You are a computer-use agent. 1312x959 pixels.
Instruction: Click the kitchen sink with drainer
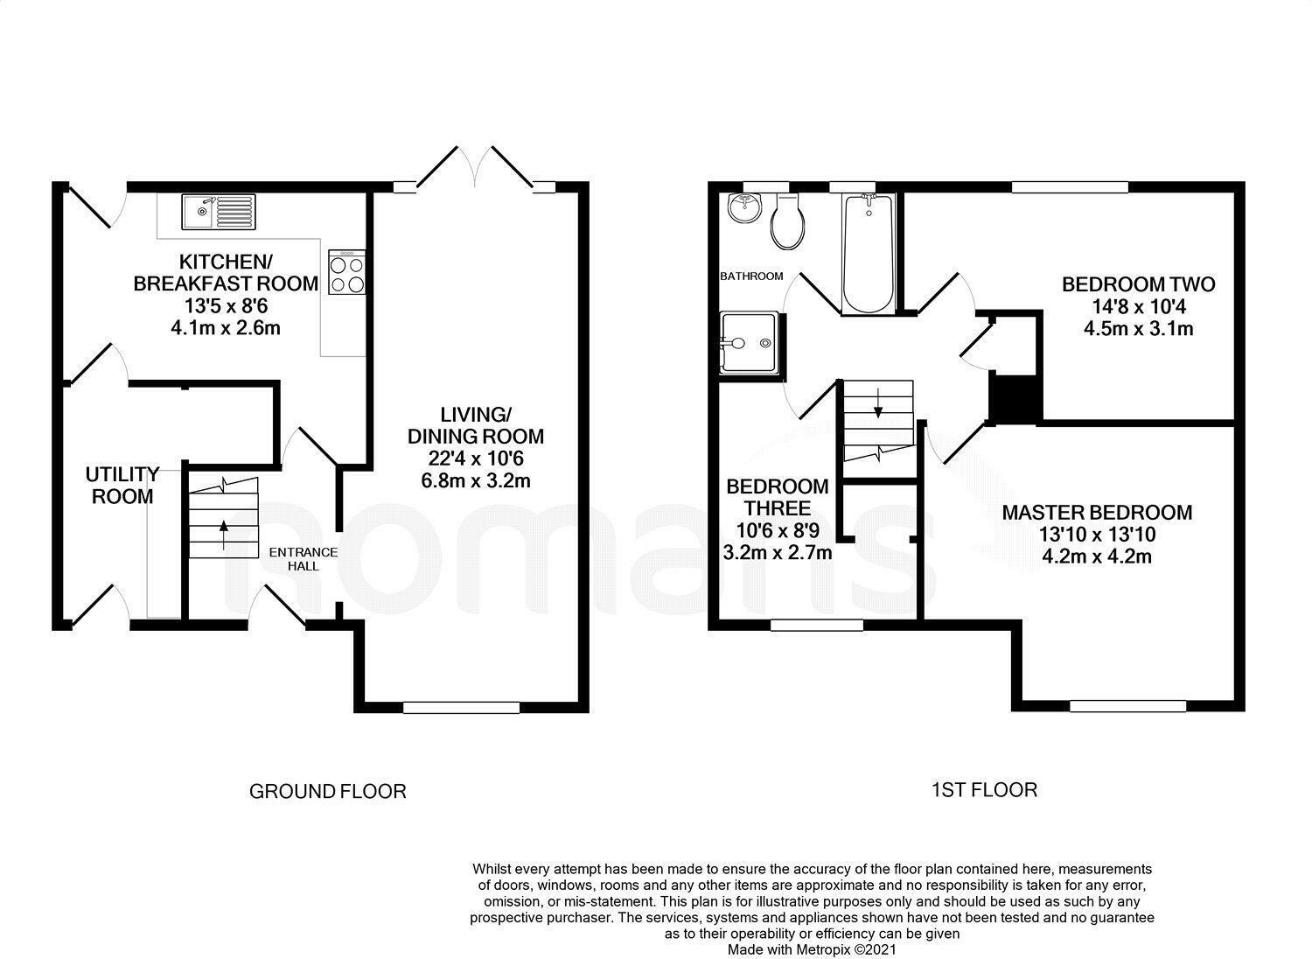[x=218, y=212]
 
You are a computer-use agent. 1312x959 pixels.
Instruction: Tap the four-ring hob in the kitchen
[x=347, y=272]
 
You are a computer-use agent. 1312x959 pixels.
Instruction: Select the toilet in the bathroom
[x=786, y=221]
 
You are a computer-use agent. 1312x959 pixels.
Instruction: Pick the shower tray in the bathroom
[x=748, y=343]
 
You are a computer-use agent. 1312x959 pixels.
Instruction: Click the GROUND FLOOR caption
[x=328, y=792]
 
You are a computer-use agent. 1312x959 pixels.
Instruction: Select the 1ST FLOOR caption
[x=984, y=790]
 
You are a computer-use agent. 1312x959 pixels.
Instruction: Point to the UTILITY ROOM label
[x=122, y=486]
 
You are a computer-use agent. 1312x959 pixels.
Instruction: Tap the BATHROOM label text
[x=751, y=276]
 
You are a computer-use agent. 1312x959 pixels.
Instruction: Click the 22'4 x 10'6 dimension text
[x=479, y=458]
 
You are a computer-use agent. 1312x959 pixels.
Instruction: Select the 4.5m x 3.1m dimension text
[x=1138, y=329]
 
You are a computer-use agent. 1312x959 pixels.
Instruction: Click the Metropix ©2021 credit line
[x=812, y=948]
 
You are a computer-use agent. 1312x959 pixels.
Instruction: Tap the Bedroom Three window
[x=817, y=625]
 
